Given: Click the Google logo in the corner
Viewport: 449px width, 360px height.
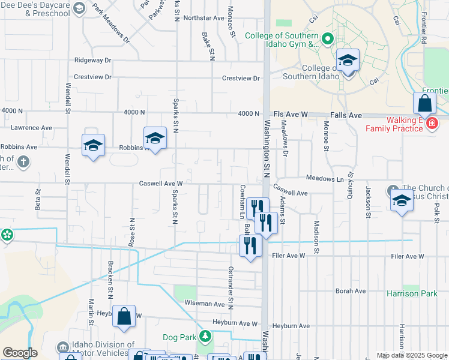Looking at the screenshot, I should pos(20,353).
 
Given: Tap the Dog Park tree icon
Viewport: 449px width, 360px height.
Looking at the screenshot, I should pos(205,335).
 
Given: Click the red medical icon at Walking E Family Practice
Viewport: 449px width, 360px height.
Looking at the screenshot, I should pos(430,124).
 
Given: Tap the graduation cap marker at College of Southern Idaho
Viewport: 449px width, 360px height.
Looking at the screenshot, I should pos(348,61).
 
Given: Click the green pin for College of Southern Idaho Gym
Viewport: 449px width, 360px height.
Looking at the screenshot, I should pos(327,40).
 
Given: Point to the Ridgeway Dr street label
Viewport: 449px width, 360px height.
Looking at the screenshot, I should pos(93,61).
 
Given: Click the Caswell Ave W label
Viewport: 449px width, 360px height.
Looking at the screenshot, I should pos(160,184).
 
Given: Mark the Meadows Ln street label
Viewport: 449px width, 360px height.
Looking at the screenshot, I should pos(324,179).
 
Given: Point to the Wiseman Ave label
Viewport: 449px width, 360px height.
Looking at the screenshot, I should pos(204,304).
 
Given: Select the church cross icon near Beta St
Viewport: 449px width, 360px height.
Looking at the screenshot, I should pos(23,161).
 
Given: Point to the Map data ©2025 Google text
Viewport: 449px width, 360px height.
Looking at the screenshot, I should pos(411,355).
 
